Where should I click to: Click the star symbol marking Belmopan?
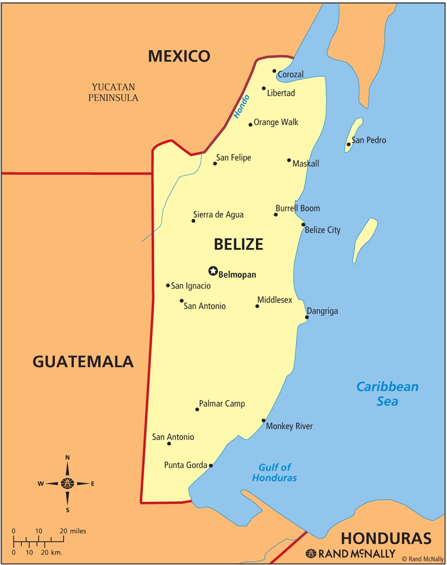[213, 271]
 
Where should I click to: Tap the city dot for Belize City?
[304, 225]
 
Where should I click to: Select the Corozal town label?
[290, 74]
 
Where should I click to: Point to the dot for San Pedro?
[348, 144]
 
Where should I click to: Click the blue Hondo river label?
[241, 107]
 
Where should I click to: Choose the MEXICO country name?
[179, 56]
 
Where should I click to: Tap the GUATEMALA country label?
[83, 362]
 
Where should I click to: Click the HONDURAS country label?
[386, 538]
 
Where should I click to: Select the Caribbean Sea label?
[387, 394]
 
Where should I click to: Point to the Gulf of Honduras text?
[274, 473]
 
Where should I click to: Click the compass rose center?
[67, 483]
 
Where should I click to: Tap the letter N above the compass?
[67, 457]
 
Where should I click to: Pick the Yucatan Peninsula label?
[113, 92]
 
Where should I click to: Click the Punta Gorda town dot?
[211, 466]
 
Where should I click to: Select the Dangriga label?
[323, 311]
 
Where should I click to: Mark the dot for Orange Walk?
[250, 125]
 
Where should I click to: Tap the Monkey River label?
[290, 427]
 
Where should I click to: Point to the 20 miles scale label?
[73, 531]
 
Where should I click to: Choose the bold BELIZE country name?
[239, 244]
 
